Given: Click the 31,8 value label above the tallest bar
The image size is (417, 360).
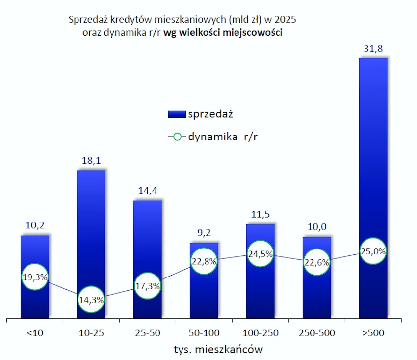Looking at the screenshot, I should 373,49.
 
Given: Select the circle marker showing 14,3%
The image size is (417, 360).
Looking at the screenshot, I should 91,299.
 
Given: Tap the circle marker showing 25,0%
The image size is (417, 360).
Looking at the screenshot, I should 373,251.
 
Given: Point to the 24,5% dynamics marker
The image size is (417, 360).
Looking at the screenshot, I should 261,254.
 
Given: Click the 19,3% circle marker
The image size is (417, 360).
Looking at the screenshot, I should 35,277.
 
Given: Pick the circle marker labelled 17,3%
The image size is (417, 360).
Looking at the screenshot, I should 148,286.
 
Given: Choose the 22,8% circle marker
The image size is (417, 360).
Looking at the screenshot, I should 204,261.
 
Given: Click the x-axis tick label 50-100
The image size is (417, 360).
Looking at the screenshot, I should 204,333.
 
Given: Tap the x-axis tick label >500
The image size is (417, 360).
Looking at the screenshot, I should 373,333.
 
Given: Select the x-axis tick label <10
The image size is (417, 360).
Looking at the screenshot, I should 35,333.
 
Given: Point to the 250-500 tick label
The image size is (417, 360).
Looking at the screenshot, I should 317,333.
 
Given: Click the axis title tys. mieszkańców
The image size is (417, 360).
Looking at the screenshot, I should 218,350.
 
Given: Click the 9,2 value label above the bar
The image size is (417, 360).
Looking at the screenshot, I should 204,233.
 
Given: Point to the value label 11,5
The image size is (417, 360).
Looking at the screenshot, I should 261,215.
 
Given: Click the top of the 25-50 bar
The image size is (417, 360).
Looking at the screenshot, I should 148,201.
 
